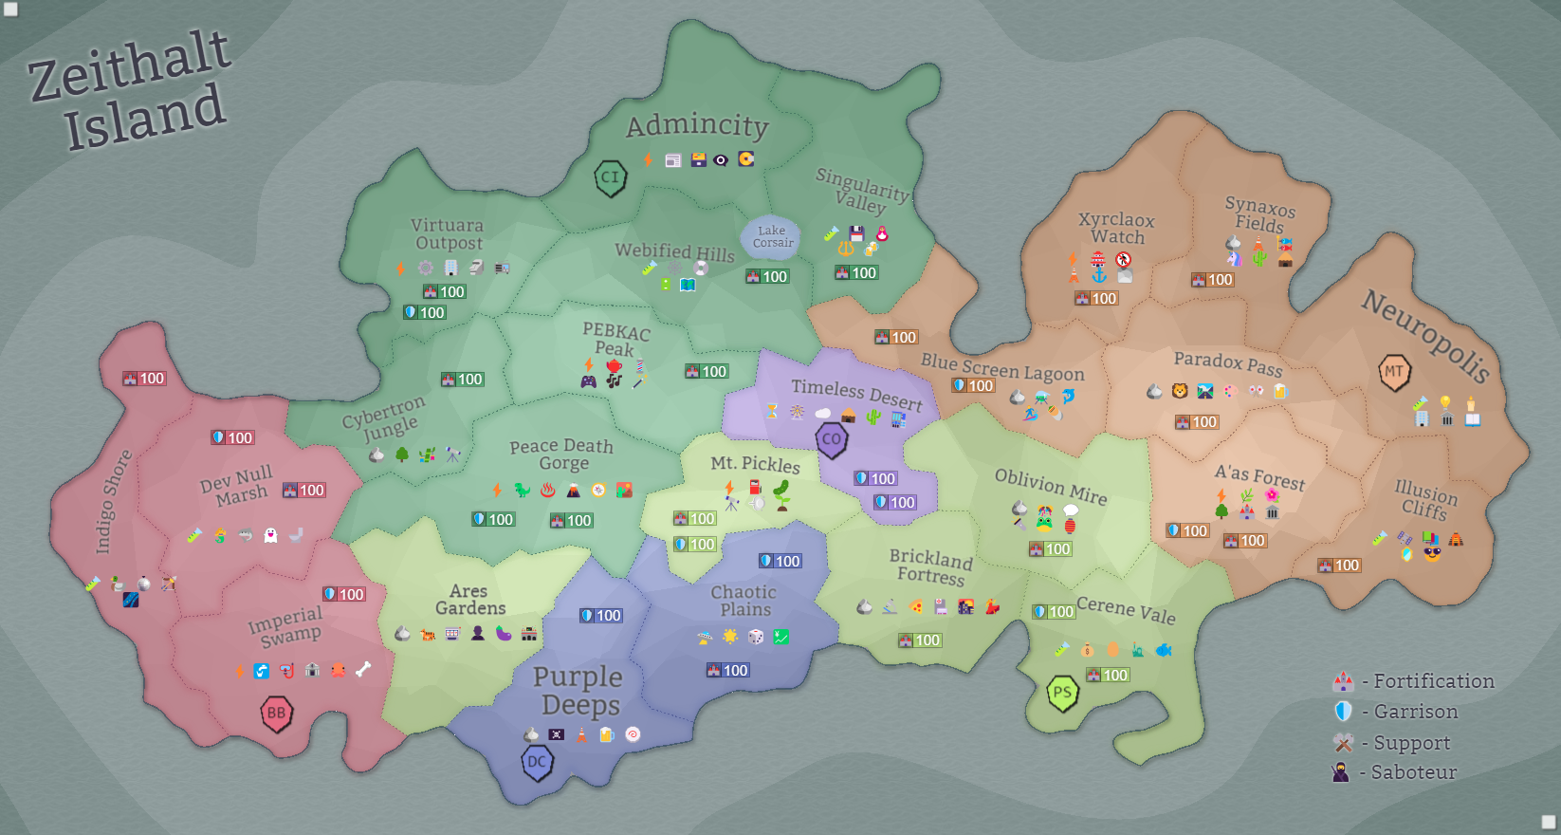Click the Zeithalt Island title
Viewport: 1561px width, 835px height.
tap(131, 90)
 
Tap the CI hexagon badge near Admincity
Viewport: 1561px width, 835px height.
tap(610, 177)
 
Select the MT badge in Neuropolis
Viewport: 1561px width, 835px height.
tap(1394, 372)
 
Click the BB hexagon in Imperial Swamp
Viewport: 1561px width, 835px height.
tap(276, 714)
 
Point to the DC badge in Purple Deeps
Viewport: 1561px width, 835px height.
tap(537, 762)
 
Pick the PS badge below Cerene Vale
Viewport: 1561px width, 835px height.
tap(1062, 693)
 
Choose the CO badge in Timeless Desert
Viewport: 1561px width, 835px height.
tap(832, 439)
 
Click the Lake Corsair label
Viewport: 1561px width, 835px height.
tap(772, 236)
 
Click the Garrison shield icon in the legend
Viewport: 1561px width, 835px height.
tap(1343, 712)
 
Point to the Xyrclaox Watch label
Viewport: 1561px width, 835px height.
tap(1116, 228)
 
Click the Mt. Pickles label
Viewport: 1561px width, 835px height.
tap(755, 464)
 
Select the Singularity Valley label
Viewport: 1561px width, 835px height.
tap(861, 191)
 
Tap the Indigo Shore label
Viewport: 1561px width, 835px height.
tap(113, 502)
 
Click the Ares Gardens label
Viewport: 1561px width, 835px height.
tap(469, 600)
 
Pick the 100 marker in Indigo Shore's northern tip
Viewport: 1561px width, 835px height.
tap(144, 379)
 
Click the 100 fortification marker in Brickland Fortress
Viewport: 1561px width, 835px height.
tap(920, 640)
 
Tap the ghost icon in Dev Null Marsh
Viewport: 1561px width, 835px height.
tap(270, 535)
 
